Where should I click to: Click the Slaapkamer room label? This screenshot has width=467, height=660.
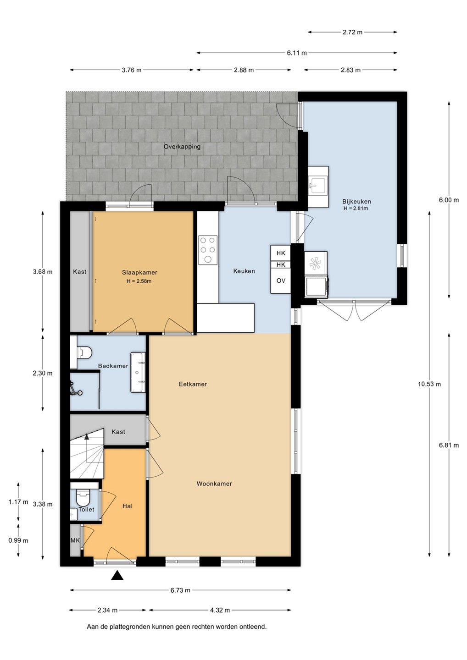[139, 273]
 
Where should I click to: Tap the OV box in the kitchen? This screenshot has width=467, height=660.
[281, 281]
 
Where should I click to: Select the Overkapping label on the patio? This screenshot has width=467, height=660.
[182, 147]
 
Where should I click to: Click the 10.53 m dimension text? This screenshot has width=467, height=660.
[429, 384]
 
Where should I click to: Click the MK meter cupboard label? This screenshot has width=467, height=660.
[75, 540]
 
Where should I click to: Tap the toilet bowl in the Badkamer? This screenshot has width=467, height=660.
[84, 352]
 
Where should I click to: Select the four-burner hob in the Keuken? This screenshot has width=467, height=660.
[208, 249]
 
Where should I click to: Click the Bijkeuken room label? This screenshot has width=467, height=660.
[356, 202]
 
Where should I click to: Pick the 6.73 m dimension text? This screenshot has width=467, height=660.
[180, 590]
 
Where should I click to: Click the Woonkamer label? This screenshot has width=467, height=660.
[214, 484]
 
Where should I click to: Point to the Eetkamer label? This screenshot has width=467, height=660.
[193, 384]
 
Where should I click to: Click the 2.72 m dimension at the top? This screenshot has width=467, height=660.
[352, 32]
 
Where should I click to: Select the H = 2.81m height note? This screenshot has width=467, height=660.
[356, 209]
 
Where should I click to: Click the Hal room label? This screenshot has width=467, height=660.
[128, 506]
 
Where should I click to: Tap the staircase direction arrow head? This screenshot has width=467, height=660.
[87, 437]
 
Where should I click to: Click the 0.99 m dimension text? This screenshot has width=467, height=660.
[18, 540]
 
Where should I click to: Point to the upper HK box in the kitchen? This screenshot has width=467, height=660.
[281, 253]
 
